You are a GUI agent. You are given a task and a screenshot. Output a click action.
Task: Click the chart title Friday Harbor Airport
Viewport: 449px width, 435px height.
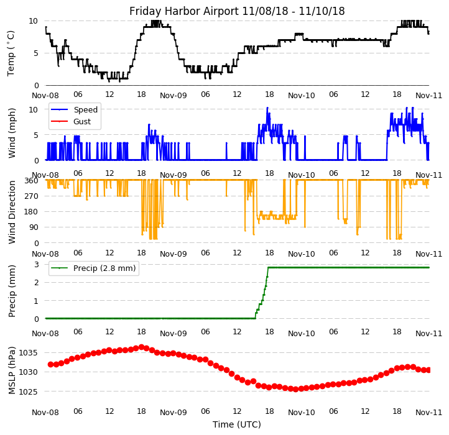click(237, 11)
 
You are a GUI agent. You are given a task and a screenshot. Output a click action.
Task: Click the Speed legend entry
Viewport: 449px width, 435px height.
click(85, 110)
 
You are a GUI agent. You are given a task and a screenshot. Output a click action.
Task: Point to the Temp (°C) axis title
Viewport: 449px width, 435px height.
click(11, 53)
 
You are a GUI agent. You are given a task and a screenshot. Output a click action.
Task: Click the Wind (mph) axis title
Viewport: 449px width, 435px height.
click(12, 132)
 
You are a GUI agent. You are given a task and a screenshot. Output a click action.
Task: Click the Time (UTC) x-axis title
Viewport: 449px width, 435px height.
click(237, 424)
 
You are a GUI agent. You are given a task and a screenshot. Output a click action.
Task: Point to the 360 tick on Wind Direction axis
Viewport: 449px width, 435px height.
click(32, 180)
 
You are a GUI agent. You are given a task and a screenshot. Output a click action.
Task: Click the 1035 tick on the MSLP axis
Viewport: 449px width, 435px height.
click(29, 352)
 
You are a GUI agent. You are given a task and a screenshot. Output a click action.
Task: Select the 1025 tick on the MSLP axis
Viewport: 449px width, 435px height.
click(29, 392)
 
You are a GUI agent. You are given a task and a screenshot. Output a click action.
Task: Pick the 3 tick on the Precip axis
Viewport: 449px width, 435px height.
click(37, 264)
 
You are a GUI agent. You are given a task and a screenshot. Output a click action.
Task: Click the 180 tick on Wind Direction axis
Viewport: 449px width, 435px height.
click(32, 212)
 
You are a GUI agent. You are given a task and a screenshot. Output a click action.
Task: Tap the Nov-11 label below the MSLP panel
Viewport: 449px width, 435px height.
click(429, 411)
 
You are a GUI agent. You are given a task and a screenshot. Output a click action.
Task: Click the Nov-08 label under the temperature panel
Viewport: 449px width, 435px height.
click(45, 96)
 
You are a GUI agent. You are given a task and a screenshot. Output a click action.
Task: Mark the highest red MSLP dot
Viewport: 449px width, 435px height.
click(141, 347)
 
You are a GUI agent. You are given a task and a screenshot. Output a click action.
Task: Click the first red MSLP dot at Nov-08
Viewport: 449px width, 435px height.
click(50, 364)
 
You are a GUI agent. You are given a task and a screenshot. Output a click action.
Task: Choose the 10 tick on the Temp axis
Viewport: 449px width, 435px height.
click(34, 21)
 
